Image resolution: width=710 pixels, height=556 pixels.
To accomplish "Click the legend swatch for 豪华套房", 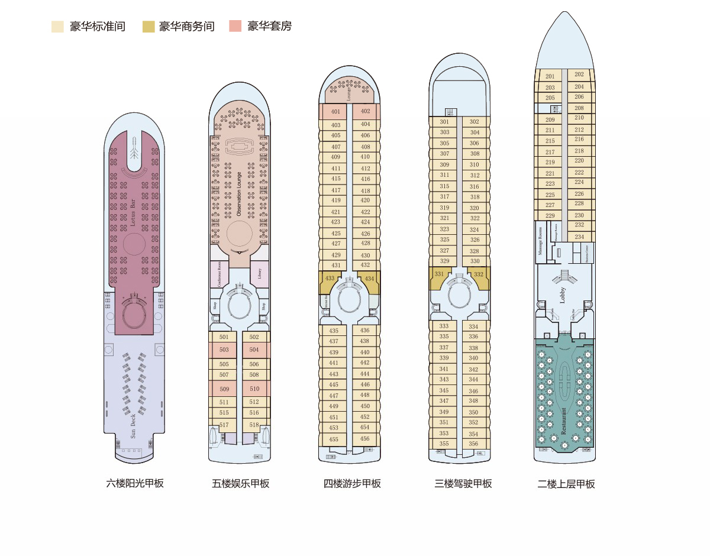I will coord(235,27).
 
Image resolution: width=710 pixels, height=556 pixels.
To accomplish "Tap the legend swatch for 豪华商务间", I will coord(149,27).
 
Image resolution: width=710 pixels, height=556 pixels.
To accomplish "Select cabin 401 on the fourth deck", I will coord(335,112).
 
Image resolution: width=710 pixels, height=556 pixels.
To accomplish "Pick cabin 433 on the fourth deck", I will coord(330,279).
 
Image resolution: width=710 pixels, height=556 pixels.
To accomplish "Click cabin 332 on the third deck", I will coord(479,274).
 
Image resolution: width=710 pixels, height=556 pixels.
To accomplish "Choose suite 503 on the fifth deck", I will coord(224,350).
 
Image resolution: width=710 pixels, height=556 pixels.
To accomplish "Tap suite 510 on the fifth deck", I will coord(254,389).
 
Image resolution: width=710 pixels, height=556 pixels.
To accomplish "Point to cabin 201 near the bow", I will coord(550,76).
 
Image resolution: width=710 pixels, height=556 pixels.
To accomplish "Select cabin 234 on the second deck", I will coord(579,237).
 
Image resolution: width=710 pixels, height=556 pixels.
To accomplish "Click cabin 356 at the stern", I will coord(474,444).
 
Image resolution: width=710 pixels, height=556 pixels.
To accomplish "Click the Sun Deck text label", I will coord(133,426).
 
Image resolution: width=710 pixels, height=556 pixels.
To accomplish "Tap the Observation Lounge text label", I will coord(239,194).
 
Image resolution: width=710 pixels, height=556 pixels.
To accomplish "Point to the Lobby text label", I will coord(563,295).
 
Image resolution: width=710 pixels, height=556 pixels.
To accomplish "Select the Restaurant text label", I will coord(563,421).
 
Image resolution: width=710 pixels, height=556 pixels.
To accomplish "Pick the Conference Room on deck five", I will coord(220,275).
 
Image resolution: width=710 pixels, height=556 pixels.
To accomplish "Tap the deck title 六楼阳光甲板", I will coord(135,483).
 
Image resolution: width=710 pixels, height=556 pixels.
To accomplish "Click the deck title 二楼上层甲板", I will coord(566,484).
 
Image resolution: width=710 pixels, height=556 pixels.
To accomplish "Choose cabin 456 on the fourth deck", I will coord(364,439).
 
